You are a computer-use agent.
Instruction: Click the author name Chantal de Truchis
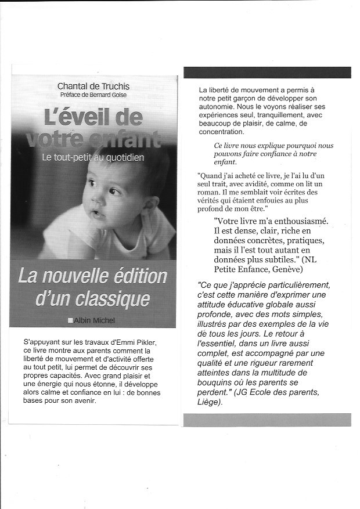pyautogui.click(x=93, y=86)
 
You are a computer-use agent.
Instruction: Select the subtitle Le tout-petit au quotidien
pyautogui.click(x=93, y=157)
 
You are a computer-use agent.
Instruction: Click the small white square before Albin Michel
pyautogui.click(x=70, y=320)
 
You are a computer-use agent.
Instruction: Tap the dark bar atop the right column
pyautogui.click(x=267, y=72)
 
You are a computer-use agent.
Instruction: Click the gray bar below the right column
pyautogui.click(x=267, y=420)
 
